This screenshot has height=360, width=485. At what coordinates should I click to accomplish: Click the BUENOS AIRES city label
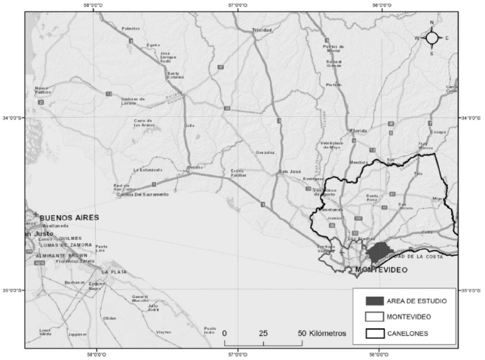click(69, 217)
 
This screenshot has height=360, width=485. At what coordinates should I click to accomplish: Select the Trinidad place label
click(262, 29)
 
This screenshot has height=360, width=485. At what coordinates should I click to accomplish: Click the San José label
click(290, 172)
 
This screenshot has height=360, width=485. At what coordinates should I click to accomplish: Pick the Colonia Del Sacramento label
click(142, 193)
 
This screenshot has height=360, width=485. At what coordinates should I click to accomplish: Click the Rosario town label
click(195, 167)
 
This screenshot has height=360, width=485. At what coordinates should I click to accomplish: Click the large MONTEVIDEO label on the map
click(382, 269)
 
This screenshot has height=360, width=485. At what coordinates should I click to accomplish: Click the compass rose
click(432, 37)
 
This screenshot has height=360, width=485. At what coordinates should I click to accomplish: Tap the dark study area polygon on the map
click(382, 251)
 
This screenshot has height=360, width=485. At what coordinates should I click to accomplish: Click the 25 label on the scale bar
click(263, 333)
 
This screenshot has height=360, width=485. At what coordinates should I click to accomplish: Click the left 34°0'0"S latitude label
click(13, 118)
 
